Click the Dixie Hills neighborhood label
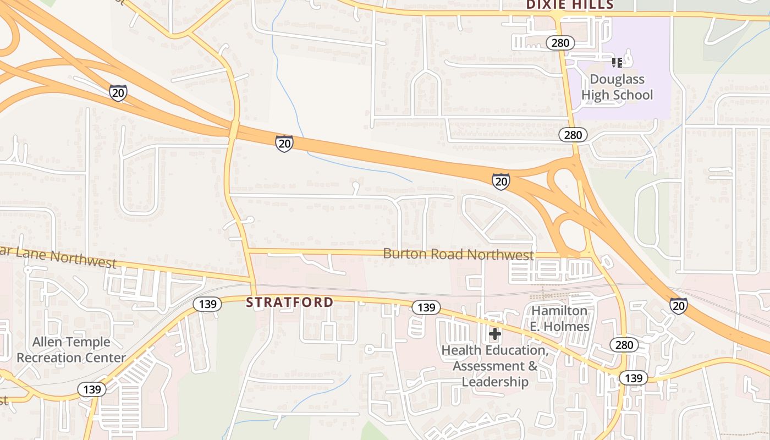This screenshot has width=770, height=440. [569, 5]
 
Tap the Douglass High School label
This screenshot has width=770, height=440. [617, 87]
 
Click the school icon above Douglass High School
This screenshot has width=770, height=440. [617, 63]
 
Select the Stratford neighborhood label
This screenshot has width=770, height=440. [289, 302]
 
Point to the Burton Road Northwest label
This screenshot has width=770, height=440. [458, 255]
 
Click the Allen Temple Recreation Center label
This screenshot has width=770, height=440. [71, 350]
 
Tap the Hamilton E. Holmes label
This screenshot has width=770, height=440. [559, 318]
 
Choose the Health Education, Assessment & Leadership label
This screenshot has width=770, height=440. [494, 366]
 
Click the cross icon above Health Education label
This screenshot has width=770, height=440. [494, 334]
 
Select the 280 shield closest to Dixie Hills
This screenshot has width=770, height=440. [560, 43]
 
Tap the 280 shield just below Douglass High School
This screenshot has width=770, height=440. [573, 135]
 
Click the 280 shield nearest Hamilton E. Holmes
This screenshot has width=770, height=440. [624, 345]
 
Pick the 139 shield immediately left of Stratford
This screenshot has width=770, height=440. [207, 304]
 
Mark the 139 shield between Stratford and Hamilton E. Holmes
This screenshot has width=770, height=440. [426, 307]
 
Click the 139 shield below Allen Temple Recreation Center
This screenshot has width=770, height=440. [92, 389]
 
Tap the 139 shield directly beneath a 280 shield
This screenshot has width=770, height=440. [634, 378]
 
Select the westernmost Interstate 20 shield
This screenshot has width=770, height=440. [118, 93]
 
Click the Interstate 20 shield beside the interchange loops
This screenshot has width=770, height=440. [501, 181]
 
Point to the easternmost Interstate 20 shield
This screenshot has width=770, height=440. [678, 305]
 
